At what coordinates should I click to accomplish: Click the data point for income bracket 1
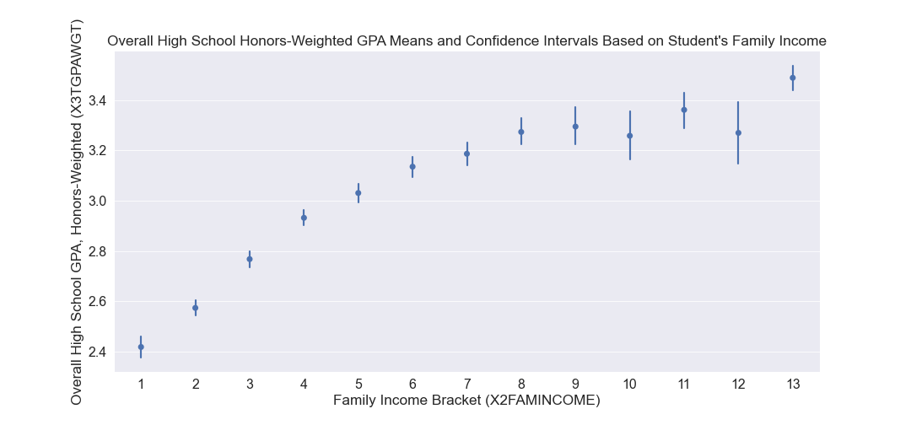(x=141, y=347)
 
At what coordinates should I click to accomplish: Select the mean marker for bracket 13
(x=793, y=78)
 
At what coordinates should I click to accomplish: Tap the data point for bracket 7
(x=466, y=153)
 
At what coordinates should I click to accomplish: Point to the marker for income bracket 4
(x=304, y=218)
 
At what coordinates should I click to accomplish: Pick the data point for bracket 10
(x=629, y=136)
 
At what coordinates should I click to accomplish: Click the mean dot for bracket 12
(x=738, y=132)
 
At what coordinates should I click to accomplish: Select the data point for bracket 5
(x=358, y=193)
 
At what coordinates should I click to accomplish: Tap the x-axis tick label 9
(x=575, y=385)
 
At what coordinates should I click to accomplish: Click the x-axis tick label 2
(x=196, y=385)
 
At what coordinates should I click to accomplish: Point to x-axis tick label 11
(x=684, y=385)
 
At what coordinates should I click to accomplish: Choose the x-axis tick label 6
(x=412, y=385)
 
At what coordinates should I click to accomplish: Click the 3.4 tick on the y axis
(x=96, y=101)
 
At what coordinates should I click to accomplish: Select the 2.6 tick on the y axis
(x=96, y=302)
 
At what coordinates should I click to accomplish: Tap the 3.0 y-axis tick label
(x=96, y=202)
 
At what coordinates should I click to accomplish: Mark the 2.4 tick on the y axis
(x=96, y=352)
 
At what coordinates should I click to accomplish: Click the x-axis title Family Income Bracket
(x=466, y=401)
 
